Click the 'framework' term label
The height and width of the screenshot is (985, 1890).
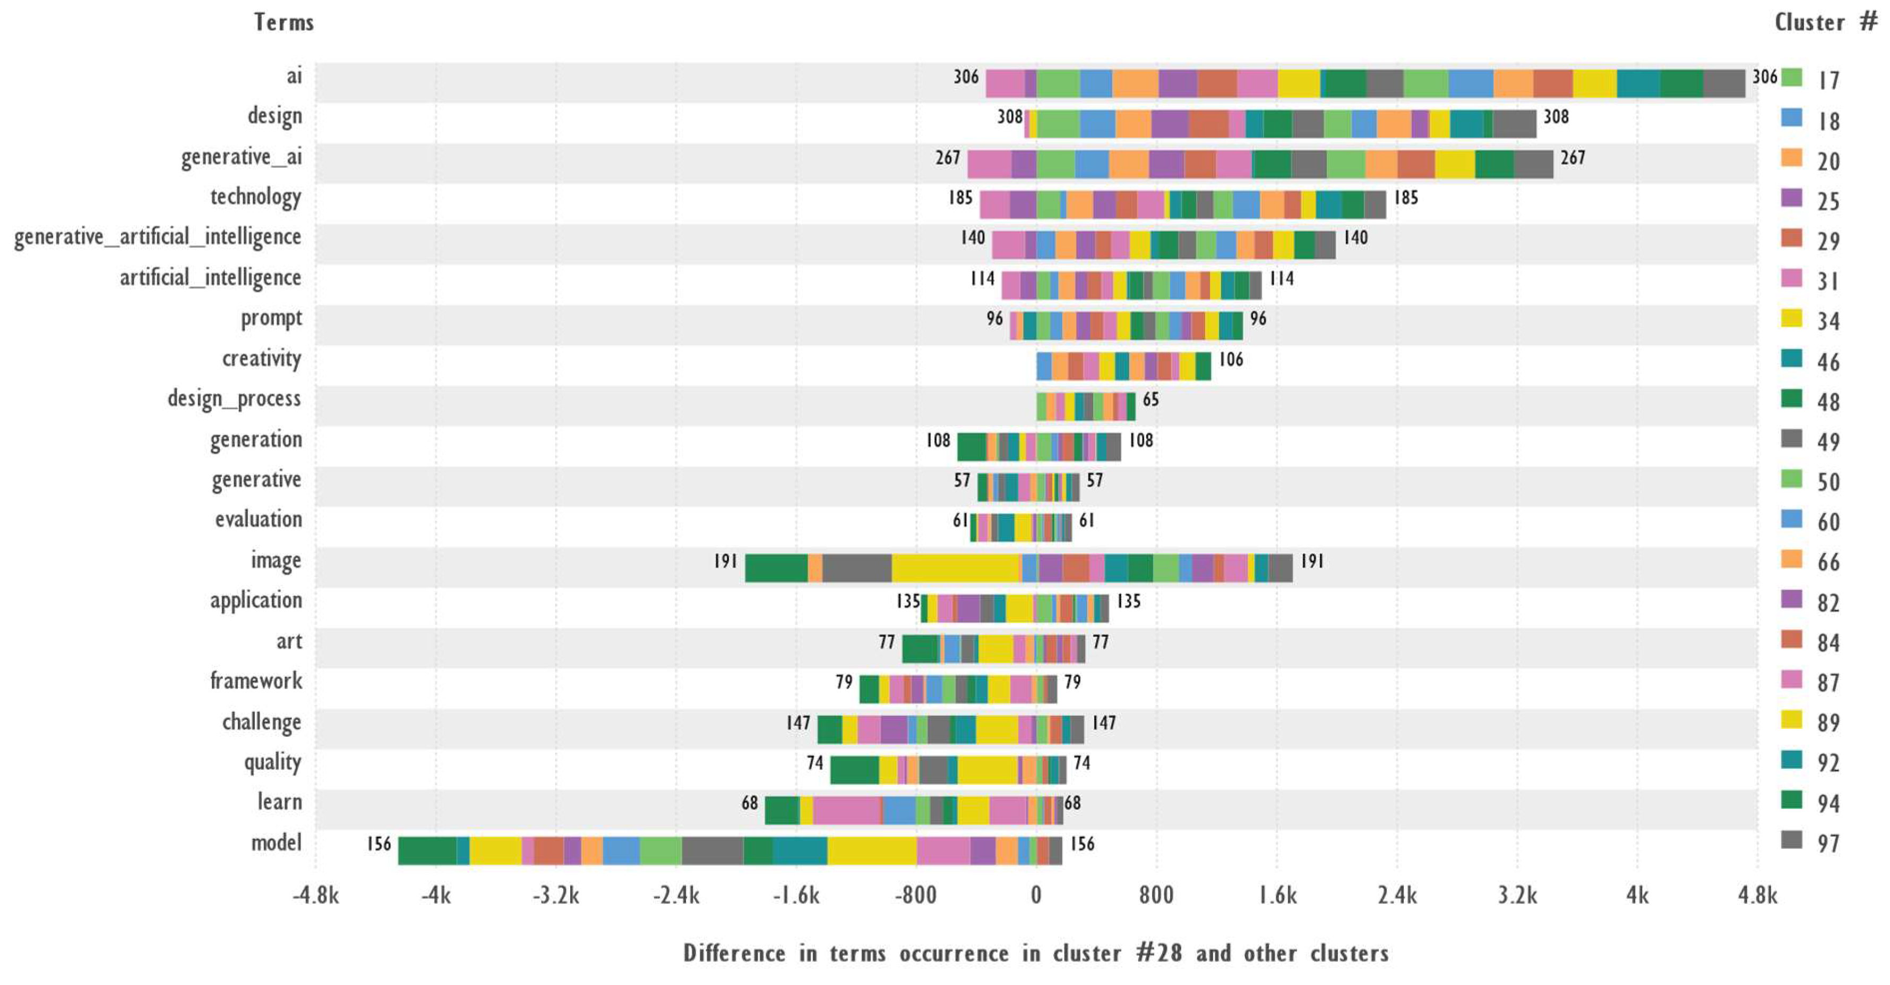point(255,681)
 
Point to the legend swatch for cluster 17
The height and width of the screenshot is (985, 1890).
point(1792,77)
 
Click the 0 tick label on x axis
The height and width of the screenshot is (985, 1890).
point(1035,895)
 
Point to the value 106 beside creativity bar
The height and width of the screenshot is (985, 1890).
point(1231,360)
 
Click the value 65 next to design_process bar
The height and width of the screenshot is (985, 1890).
point(1150,400)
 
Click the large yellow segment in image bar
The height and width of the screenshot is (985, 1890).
point(955,568)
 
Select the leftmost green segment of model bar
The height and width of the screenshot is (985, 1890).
point(427,851)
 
